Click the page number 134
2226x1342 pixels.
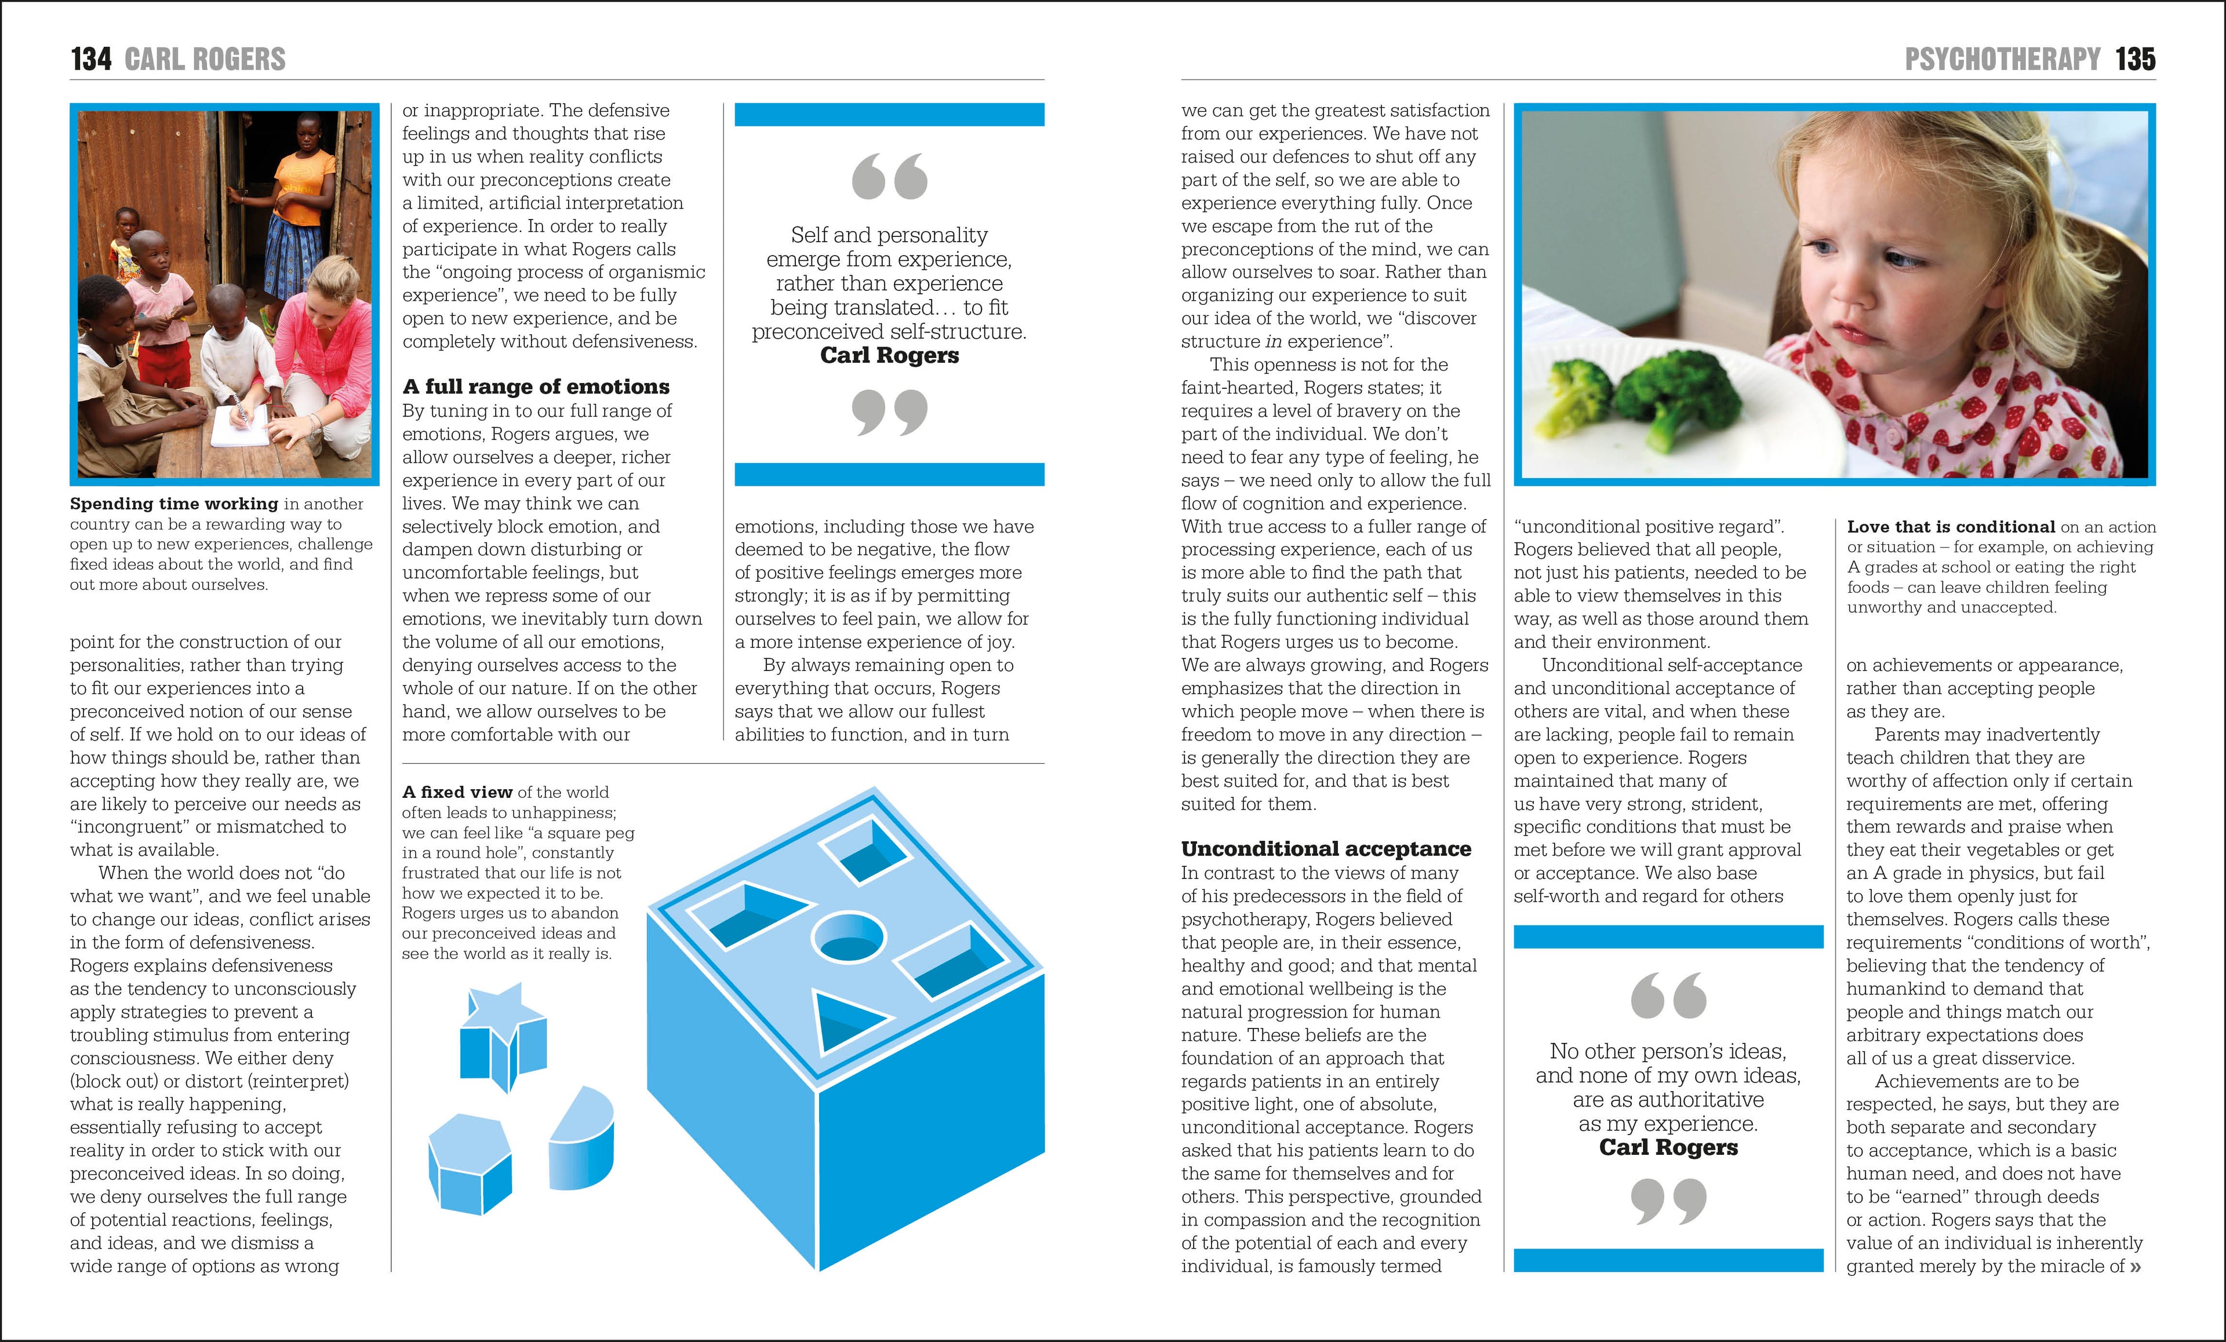point(90,60)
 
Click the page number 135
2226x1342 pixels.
point(2135,60)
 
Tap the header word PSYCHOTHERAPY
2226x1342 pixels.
point(2002,60)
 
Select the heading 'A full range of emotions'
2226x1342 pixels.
point(536,386)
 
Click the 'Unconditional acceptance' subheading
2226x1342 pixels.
point(1325,849)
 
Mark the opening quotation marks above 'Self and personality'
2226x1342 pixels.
point(889,176)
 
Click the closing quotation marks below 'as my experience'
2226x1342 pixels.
point(1668,1201)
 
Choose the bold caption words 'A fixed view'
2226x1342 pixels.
point(457,792)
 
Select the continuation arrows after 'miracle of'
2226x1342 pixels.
point(2135,1267)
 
